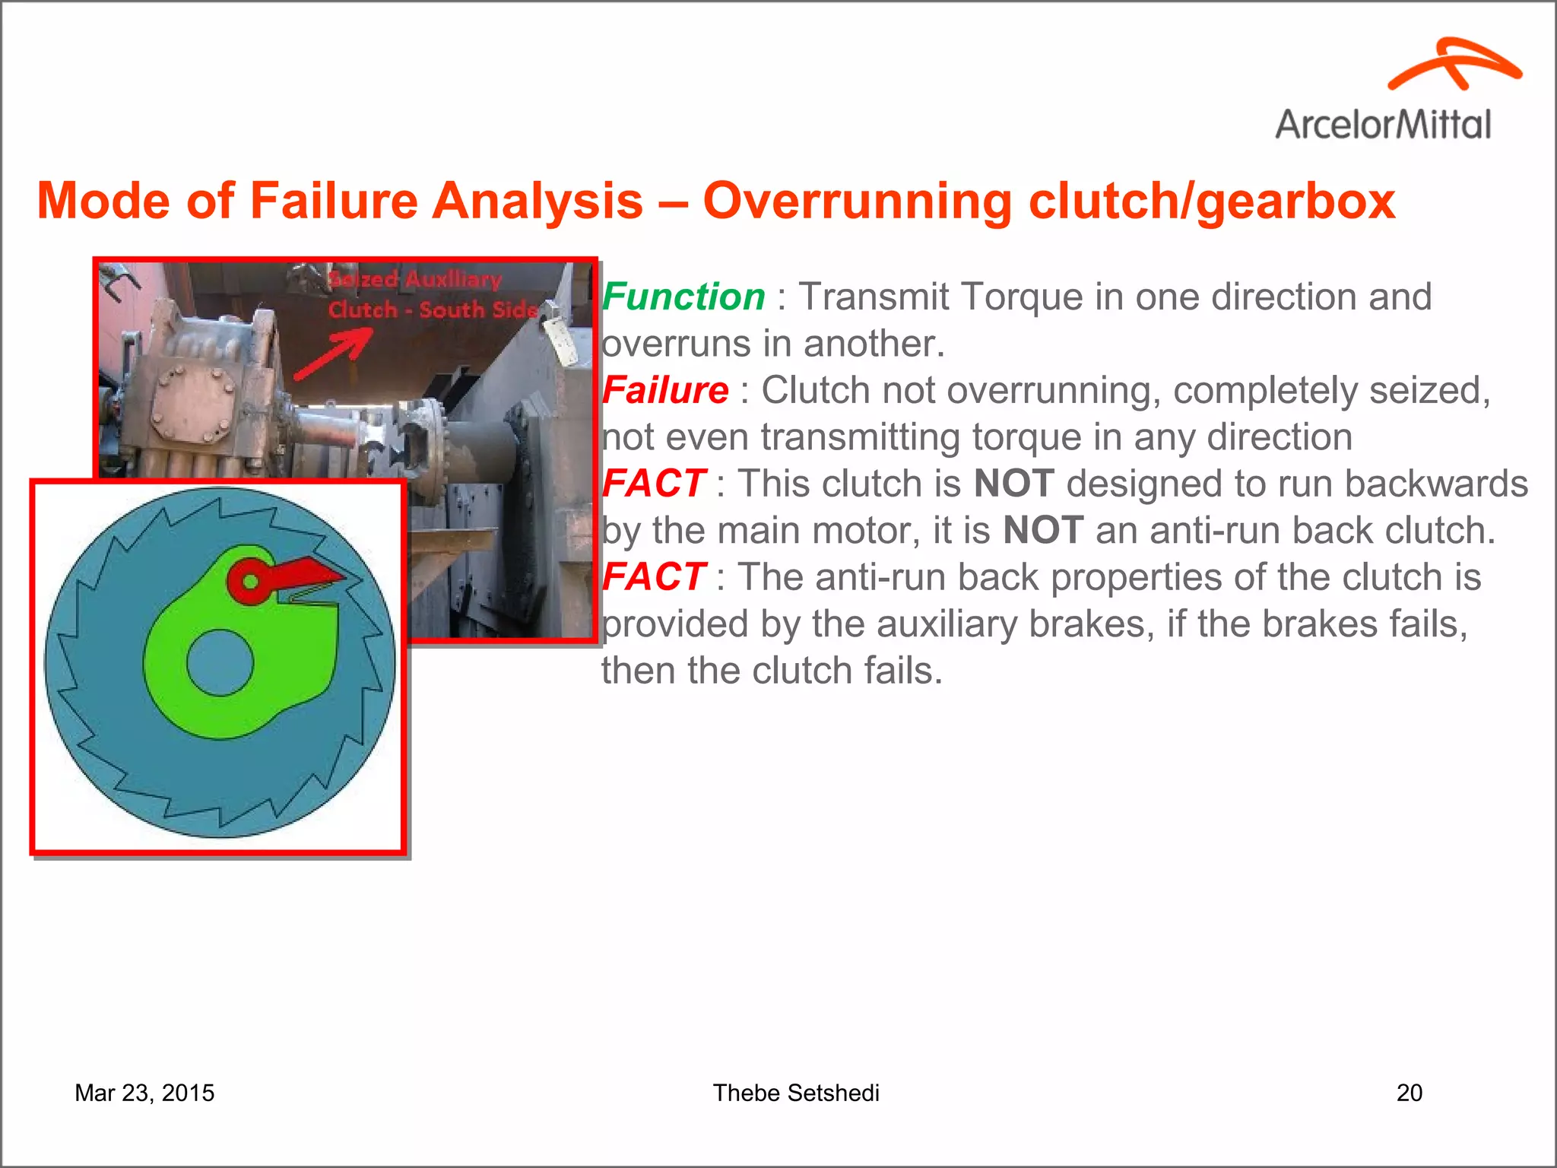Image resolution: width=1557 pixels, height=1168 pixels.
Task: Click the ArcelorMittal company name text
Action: (1383, 124)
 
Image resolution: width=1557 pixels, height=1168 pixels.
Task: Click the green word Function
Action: (683, 297)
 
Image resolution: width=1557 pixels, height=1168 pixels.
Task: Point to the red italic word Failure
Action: (665, 390)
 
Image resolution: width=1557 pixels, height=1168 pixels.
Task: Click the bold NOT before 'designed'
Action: (1013, 484)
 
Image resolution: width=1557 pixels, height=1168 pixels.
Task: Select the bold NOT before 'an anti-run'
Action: (1042, 530)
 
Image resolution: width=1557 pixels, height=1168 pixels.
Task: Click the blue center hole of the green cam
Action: (220, 662)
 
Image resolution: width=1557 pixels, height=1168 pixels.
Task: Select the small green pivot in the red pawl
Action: (250, 582)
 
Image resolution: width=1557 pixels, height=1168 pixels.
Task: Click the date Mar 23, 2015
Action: (144, 1093)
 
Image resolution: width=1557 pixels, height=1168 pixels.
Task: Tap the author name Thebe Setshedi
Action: (795, 1093)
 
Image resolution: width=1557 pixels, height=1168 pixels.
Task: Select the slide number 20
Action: (1409, 1093)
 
